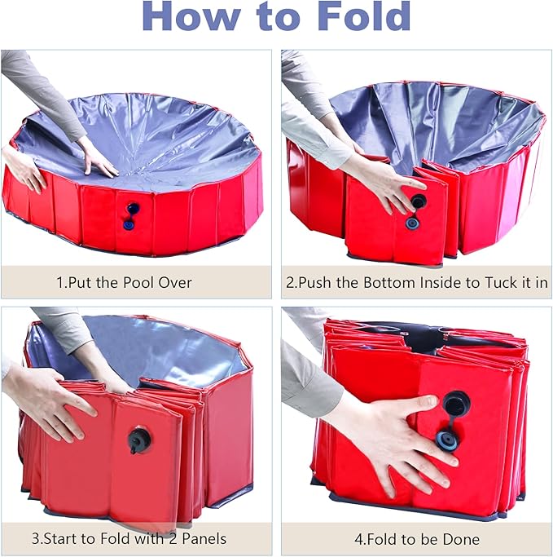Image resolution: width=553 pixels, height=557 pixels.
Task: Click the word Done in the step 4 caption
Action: [461, 539]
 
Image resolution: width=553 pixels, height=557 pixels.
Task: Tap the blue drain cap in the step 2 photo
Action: [413, 222]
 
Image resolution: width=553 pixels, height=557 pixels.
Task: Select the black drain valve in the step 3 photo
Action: [138, 440]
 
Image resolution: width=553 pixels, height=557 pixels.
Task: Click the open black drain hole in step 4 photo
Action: [454, 402]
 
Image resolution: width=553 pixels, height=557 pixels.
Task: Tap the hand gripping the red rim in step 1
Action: [24, 169]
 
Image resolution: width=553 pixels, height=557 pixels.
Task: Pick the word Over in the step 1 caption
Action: [174, 283]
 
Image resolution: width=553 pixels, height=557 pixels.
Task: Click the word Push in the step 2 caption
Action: [321, 283]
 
